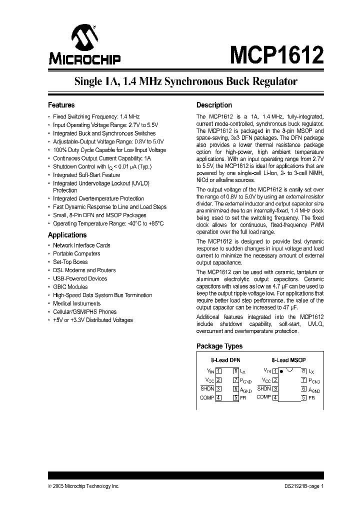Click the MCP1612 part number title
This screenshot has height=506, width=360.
(276, 53)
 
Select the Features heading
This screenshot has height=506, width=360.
(61, 105)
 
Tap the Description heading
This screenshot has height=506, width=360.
(214, 105)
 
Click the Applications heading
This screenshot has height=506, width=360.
(67, 235)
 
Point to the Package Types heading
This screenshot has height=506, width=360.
(219, 346)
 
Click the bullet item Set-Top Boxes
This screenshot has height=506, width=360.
(70, 262)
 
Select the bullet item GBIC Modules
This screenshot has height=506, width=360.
(70, 287)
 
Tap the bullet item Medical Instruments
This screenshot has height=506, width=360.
(76, 303)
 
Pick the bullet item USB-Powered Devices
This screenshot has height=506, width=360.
(80, 278)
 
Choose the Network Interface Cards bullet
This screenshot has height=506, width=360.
(81, 245)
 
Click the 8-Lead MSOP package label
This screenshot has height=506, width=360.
(288, 360)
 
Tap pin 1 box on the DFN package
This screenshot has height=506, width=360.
(218, 371)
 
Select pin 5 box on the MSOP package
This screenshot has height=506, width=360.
(303, 397)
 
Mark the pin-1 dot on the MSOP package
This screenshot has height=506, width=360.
(282, 371)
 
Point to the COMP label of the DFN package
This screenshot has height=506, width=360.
(207, 397)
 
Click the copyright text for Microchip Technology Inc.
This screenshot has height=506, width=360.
(83, 486)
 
